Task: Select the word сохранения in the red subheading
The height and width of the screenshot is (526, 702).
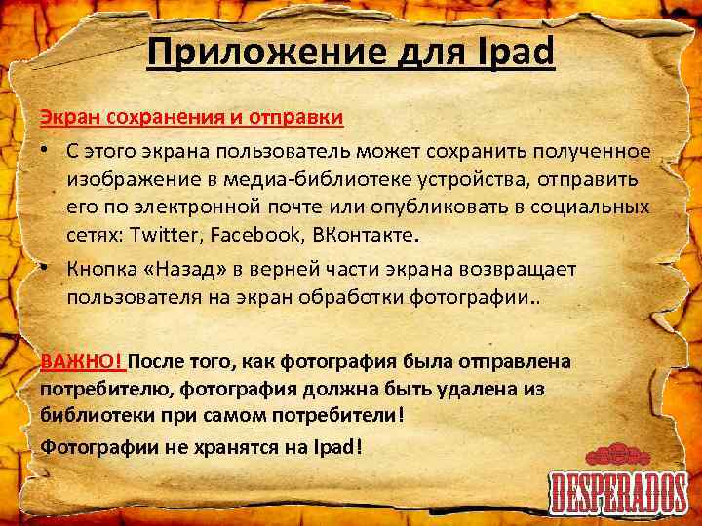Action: coord(149,118)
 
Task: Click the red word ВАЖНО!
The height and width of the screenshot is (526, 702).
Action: coord(82,362)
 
